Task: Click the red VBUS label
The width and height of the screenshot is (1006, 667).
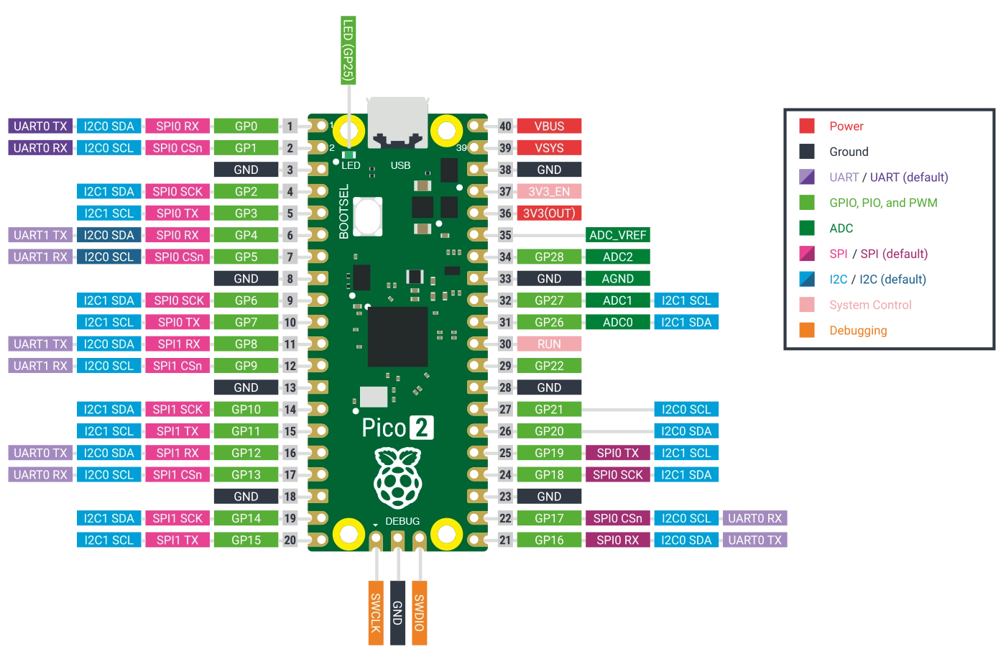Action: pos(549,126)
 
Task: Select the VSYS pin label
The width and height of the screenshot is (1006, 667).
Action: pos(549,148)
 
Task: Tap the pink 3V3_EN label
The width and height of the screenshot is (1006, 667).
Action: pos(549,191)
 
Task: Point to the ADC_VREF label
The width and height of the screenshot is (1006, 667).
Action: pos(618,235)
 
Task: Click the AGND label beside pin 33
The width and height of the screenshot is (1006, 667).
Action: pos(618,279)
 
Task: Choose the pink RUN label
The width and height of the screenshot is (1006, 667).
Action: pos(549,344)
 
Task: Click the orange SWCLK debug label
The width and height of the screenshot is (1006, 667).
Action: pos(375,613)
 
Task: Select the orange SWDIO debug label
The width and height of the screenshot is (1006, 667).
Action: pos(419,613)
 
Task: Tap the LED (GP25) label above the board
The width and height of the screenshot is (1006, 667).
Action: pos(348,49)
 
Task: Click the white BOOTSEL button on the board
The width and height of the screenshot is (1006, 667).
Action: pos(367,215)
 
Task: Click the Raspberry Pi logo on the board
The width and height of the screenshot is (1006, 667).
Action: pos(397,477)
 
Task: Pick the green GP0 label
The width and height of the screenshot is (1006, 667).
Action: pos(246,126)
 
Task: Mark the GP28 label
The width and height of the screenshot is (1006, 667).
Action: pos(549,257)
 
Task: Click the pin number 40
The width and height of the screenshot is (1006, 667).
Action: pos(505,126)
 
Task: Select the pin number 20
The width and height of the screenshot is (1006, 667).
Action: pos(290,540)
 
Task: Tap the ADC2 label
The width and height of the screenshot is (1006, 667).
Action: pos(618,257)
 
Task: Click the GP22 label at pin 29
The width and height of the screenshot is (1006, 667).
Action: pos(549,366)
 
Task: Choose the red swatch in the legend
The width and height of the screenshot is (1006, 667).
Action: pos(808,126)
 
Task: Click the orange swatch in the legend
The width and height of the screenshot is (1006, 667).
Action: pos(808,331)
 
